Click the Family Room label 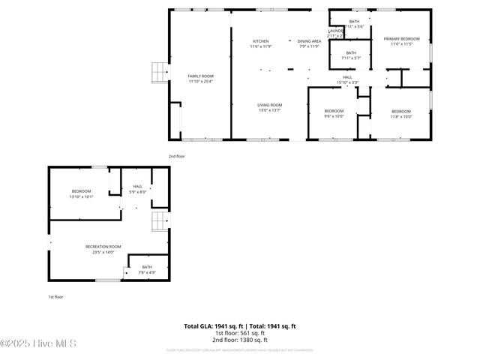200,78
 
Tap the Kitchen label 260,43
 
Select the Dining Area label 309,43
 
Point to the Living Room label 269,106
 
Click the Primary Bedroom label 401,40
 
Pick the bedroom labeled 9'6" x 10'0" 334,112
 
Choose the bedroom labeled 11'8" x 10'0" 401,113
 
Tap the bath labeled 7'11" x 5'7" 351,55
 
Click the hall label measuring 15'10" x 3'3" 347,79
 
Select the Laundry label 334,33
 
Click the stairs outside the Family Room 158,71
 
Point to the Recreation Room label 103,249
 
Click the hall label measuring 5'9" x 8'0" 137,188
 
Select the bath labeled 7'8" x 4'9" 147,269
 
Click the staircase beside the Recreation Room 159,222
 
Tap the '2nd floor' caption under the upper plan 176,156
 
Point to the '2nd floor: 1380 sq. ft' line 240,340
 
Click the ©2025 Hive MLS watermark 38,343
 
